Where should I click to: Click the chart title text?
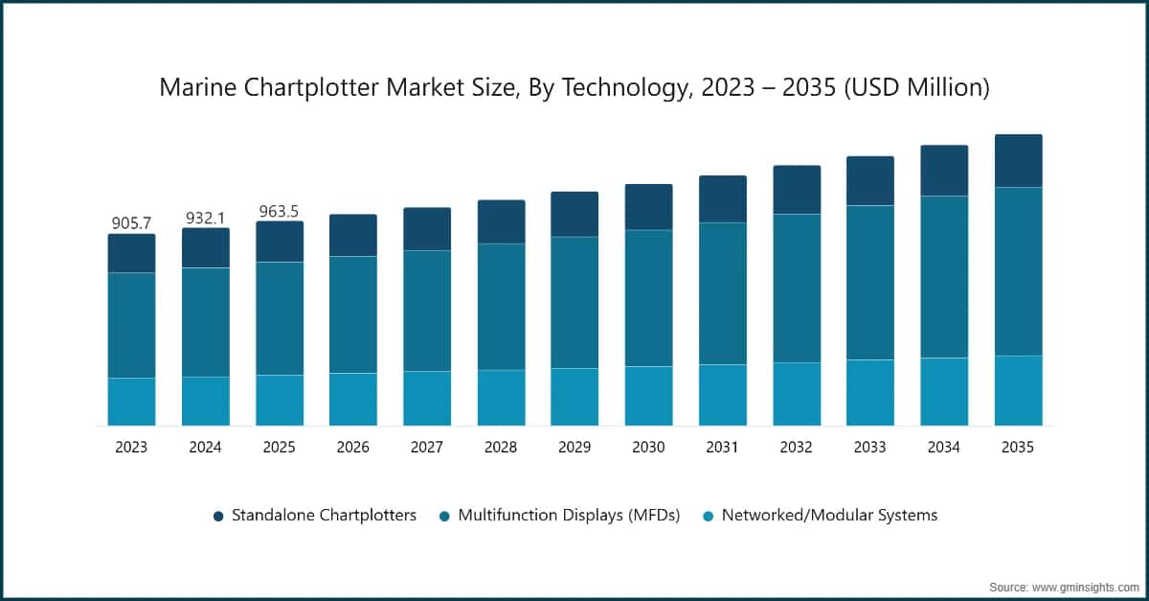click(574, 88)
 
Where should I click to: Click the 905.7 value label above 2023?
click(131, 222)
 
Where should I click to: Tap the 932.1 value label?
click(206, 218)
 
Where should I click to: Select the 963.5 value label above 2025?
click(280, 211)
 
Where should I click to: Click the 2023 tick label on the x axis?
click(131, 448)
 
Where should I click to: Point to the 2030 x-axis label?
click(648, 448)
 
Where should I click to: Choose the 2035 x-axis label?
click(1018, 448)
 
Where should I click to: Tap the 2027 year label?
click(427, 448)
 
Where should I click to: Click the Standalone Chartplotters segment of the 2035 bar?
click(1018, 161)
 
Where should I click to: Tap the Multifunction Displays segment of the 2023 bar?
click(131, 325)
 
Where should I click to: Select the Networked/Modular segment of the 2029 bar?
click(574, 397)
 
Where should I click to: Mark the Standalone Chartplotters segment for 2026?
click(353, 235)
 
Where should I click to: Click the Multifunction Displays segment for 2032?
click(797, 288)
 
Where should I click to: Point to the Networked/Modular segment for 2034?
click(944, 391)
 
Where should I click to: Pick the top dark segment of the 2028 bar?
click(501, 221)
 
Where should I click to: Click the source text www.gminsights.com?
click(1064, 585)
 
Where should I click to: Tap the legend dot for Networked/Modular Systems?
click(708, 517)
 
